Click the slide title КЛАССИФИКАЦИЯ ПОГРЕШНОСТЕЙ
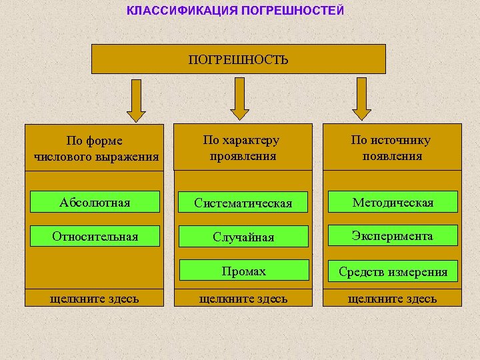click(235, 11)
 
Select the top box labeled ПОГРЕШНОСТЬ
click(238, 59)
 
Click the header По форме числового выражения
click(95, 148)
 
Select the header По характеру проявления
click(243, 148)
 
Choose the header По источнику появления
click(392, 148)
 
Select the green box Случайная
click(243, 237)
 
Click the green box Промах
click(243, 271)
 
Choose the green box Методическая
click(393, 202)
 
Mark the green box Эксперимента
click(393, 236)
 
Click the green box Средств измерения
click(393, 271)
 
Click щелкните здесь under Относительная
click(95, 298)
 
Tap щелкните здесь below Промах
click(243, 298)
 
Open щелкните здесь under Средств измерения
click(392, 298)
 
